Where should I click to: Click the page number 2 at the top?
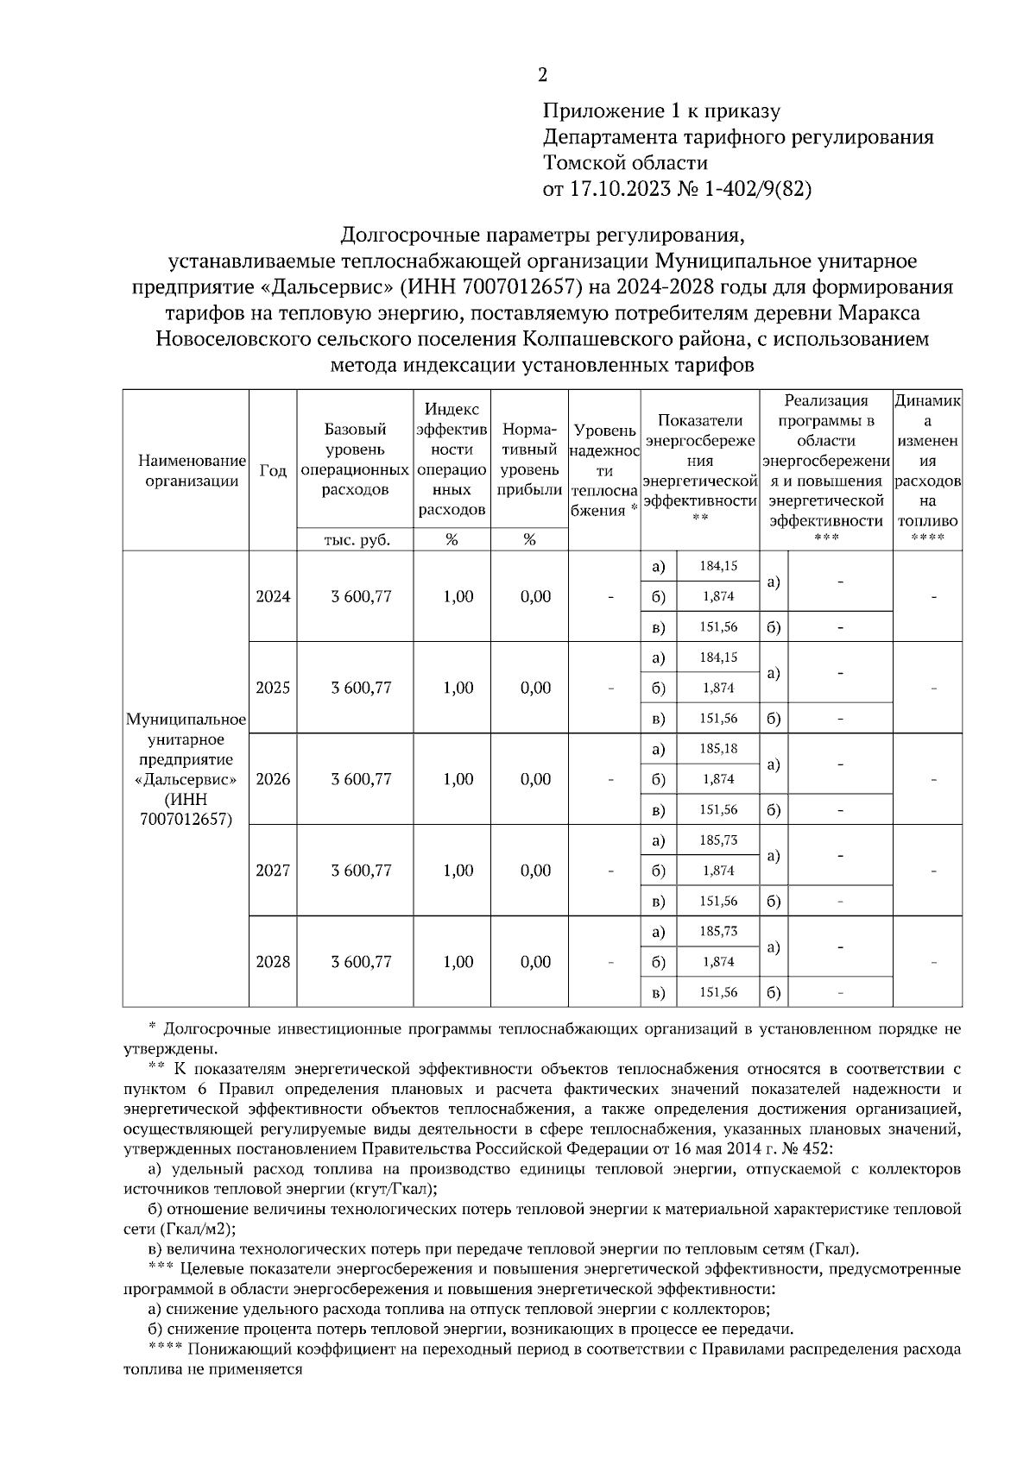coord(542,76)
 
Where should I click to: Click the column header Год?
coord(273,470)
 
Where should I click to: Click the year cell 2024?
coord(273,597)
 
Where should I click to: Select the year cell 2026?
coord(273,779)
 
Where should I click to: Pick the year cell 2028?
coord(273,962)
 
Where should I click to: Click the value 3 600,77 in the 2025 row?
coord(361,688)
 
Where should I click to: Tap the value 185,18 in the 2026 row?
coord(718,749)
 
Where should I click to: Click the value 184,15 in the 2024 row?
coord(718,567)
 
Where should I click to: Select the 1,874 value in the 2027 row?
coord(718,871)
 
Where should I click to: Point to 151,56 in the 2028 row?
coord(718,993)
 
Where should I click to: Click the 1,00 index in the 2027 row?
coord(458,871)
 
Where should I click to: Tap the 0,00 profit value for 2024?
coord(536,597)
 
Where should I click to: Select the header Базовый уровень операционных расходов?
coord(355,459)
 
